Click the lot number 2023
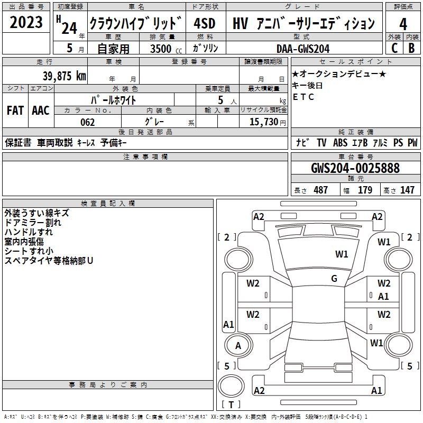point(26,22)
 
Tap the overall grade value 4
point(403,24)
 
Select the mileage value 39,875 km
point(65,76)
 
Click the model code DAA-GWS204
point(303,49)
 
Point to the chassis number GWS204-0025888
point(355,168)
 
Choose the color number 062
point(88,122)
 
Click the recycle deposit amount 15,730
point(264,122)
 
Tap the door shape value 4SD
point(205,23)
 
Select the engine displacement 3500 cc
point(166,49)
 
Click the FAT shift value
point(15,111)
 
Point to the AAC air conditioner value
point(41,111)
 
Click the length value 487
point(321,190)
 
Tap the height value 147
point(407,190)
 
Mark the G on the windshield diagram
point(334,278)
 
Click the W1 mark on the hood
point(342,254)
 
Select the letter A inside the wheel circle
point(238,346)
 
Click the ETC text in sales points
point(303,97)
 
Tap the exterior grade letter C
point(394,48)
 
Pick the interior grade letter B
point(412,48)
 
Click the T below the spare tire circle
point(231,404)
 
